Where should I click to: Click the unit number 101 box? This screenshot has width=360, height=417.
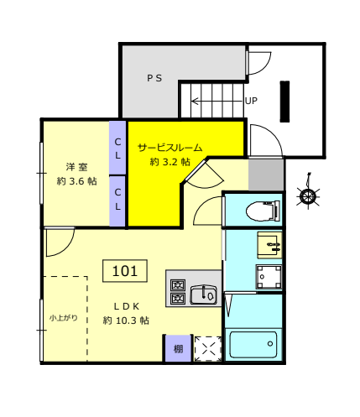125,271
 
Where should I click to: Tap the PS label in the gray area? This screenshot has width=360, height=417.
154,78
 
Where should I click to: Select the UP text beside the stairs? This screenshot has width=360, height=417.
251,101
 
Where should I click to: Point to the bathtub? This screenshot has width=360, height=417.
253,345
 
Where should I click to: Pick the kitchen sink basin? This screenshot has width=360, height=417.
203,295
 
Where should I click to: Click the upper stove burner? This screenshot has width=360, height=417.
178,285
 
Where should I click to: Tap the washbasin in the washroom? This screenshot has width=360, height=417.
269,245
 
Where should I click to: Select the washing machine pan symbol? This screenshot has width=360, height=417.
269,277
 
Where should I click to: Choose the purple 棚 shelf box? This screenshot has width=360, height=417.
178,348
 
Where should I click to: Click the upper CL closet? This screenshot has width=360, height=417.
117,148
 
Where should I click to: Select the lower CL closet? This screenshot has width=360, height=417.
117,201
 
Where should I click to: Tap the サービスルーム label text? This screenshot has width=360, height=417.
170,148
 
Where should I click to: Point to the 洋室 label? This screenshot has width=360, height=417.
77,167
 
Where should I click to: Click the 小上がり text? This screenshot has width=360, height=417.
64,318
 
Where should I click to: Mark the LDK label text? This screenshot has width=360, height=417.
127,306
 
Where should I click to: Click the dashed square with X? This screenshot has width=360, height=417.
208,349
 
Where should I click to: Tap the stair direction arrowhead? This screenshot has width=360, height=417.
195,101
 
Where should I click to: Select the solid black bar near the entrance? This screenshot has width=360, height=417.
284,102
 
